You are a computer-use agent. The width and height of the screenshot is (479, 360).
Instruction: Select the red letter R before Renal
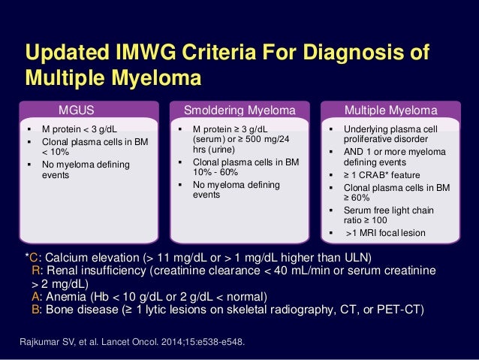[35, 271]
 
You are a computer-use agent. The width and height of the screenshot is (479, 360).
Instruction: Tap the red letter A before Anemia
[35, 296]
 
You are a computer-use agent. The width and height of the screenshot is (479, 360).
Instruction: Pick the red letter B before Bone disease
[35, 309]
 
